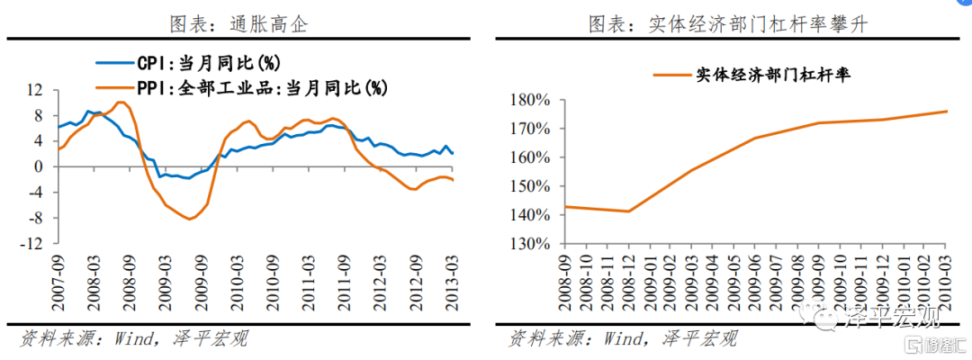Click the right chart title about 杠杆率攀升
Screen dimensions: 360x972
[x=728, y=24]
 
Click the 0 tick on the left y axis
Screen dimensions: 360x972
[x=40, y=166]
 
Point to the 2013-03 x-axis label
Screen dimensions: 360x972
[x=452, y=281]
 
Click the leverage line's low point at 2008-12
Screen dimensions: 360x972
[x=627, y=211]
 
